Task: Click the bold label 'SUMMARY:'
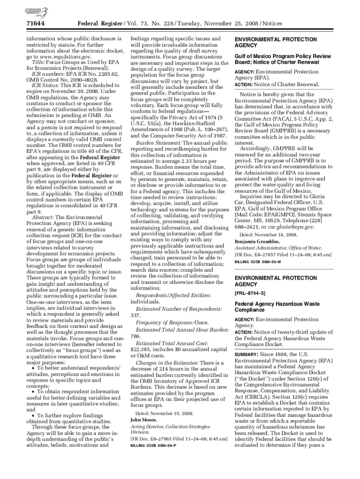(x=247, y=355)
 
